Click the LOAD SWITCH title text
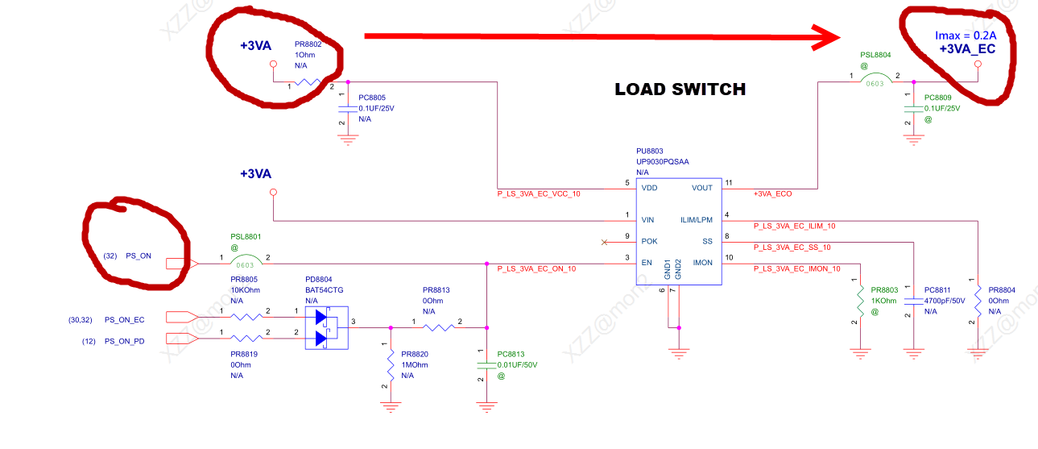tap(680, 89)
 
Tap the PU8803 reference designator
tap(651, 151)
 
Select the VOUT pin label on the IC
tap(701, 188)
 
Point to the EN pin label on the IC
tap(647, 263)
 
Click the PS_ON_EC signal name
tap(124, 319)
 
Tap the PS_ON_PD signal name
tap(124, 341)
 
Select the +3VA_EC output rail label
tap(967, 49)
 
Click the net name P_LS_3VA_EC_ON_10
tap(536, 268)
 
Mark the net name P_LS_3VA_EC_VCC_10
tap(539, 194)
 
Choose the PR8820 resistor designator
tap(414, 354)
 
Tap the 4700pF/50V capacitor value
tap(945, 300)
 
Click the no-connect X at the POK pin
tap(606, 241)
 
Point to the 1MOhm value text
tap(414, 364)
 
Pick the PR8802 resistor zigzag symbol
tap(308, 82)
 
